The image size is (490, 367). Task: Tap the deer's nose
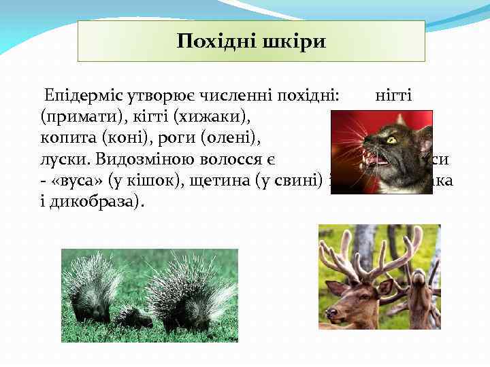coord(332,314)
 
